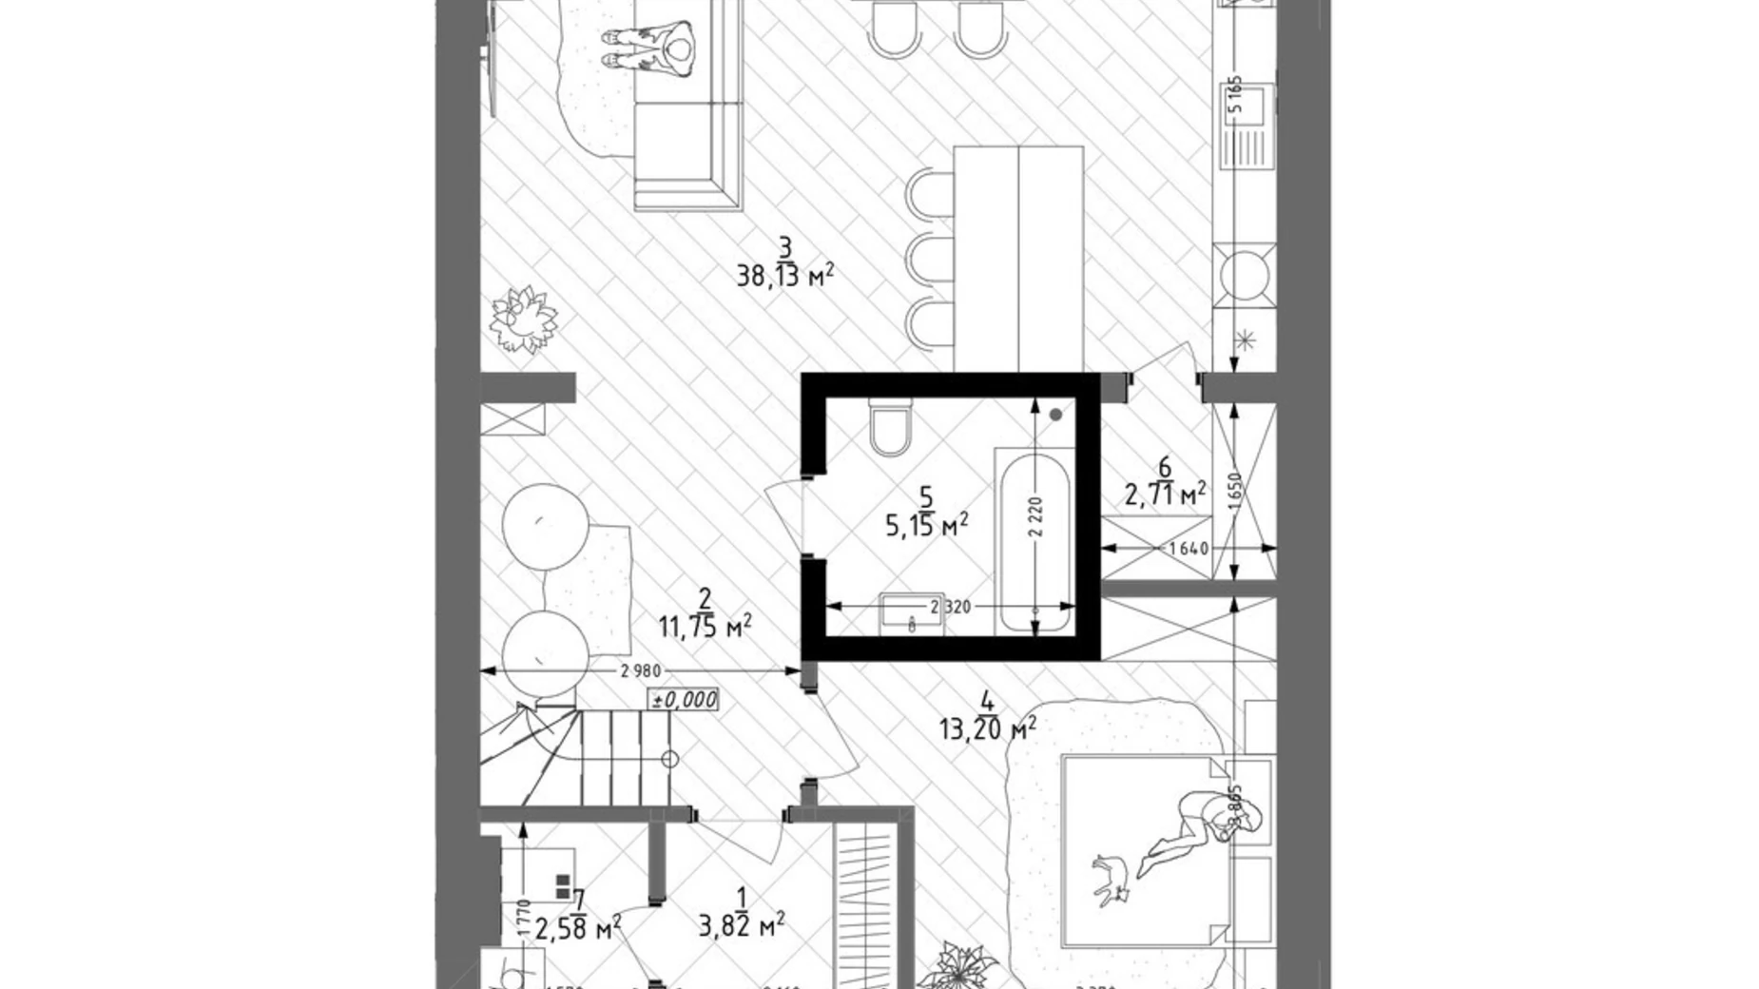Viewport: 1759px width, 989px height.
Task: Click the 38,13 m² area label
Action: coord(784,277)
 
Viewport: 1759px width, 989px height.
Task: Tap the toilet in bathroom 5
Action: coord(891,428)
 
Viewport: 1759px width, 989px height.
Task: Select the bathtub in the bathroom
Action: coord(1034,542)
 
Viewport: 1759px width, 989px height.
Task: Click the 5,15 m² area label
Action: coord(927,525)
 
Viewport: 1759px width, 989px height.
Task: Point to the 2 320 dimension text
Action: coord(950,607)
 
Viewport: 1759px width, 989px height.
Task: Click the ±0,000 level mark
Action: coord(683,700)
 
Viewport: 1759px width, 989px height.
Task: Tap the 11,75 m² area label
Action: coord(705,626)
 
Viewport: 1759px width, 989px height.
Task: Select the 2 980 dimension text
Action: coord(640,671)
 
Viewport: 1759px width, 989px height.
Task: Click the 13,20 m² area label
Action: coord(987,729)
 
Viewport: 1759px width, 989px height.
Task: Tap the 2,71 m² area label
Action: coord(1165,494)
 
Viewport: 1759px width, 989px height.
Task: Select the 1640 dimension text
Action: coord(1188,549)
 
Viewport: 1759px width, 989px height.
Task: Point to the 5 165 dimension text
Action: coord(1235,95)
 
